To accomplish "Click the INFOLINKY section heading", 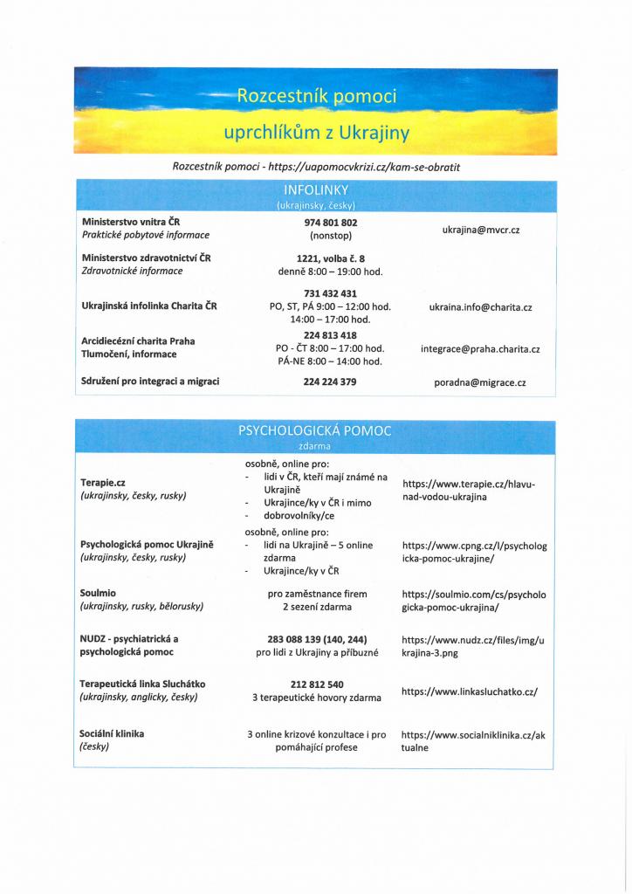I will pyautogui.click(x=316, y=189).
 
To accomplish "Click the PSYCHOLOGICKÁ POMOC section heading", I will pyautogui.click(x=315, y=430).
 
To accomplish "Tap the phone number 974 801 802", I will pyautogui.click(x=330, y=223).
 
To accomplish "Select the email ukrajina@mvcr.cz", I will pyautogui.click(x=480, y=229).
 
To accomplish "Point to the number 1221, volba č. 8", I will pyautogui.click(x=330, y=258).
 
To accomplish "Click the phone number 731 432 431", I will pyautogui.click(x=330, y=293).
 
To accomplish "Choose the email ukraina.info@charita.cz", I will pyautogui.click(x=480, y=307).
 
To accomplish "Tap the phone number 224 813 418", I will pyautogui.click(x=330, y=335).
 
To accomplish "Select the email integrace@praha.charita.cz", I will pyautogui.click(x=480, y=349).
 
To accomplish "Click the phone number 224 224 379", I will pyautogui.click(x=330, y=382).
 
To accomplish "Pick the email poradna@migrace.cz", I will pyautogui.click(x=480, y=382).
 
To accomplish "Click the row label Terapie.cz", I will pyautogui.click(x=103, y=482).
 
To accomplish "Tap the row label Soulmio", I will pyautogui.click(x=98, y=593).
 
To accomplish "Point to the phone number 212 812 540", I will pyautogui.click(x=317, y=684).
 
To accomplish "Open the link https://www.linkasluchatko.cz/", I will pyautogui.click(x=470, y=691).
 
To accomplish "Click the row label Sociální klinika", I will pyautogui.click(x=112, y=733).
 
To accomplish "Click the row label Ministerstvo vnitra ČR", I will pyautogui.click(x=131, y=222).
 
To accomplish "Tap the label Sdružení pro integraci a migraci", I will pyautogui.click(x=150, y=382).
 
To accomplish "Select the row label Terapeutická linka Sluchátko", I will pyautogui.click(x=143, y=684).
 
